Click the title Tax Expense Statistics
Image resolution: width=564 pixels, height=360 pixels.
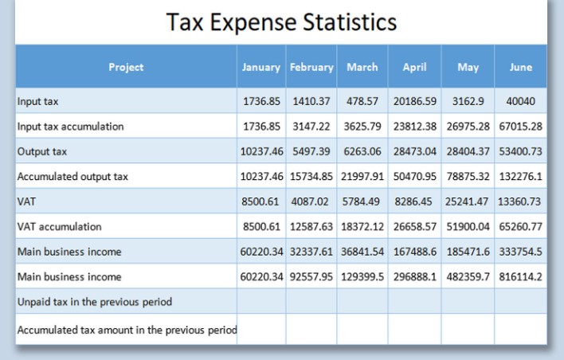tap(281, 22)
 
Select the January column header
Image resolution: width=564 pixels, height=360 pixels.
tap(261, 67)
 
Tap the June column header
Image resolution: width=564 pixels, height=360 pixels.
tap(520, 67)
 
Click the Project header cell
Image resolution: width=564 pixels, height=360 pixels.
tap(126, 67)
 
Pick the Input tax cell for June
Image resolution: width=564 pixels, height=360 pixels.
tap(520, 102)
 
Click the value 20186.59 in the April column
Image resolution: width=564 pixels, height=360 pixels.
tap(414, 102)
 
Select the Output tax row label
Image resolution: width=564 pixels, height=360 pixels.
tap(37, 151)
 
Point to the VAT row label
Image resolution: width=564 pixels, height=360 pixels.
tap(26, 202)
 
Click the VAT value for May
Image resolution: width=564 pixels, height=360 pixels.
tap(468, 202)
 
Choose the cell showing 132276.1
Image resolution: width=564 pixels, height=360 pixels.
tap(520, 177)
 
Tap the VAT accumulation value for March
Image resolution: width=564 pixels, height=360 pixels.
tap(362, 227)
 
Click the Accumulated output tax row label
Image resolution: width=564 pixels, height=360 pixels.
tap(72, 177)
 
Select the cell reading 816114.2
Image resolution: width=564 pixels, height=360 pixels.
tap(520, 277)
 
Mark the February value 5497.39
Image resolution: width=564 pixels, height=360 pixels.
tap(311, 151)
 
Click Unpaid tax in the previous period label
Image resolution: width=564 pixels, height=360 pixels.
tap(95, 302)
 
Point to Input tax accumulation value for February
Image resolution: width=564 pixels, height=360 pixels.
tap(311, 127)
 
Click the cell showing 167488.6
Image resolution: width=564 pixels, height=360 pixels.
tap(414, 252)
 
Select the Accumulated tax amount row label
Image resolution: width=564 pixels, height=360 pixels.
tap(127, 329)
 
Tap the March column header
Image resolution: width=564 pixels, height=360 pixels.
tap(362, 67)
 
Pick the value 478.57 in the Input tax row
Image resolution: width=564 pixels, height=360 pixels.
tap(362, 102)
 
